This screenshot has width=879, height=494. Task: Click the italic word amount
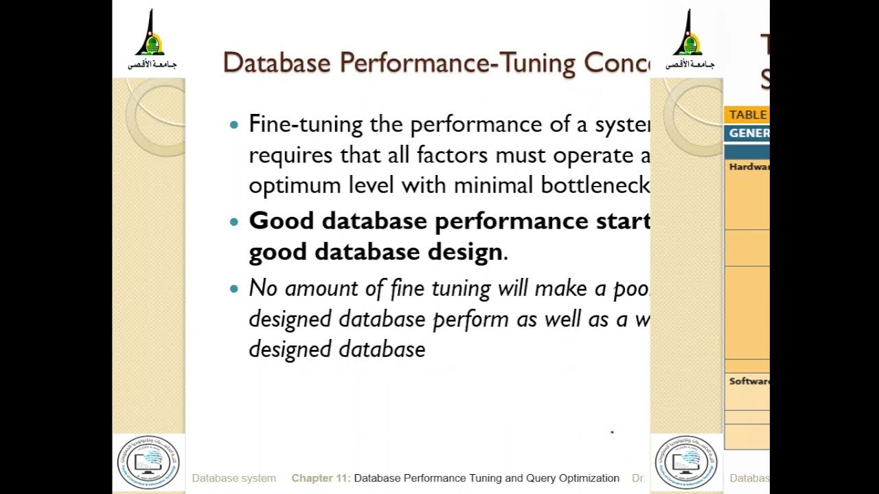click(321, 288)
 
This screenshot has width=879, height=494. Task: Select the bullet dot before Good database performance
click(235, 222)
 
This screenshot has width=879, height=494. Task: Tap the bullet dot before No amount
click(235, 289)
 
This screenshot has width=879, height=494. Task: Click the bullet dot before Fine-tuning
click(235, 126)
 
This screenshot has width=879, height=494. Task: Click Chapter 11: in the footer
click(321, 478)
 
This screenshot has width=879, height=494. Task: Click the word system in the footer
click(258, 478)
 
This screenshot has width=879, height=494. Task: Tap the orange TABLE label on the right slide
click(747, 115)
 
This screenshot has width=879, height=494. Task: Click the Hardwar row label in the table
click(749, 167)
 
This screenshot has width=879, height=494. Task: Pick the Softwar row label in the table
click(749, 381)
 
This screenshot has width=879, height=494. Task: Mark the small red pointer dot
click(612, 432)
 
